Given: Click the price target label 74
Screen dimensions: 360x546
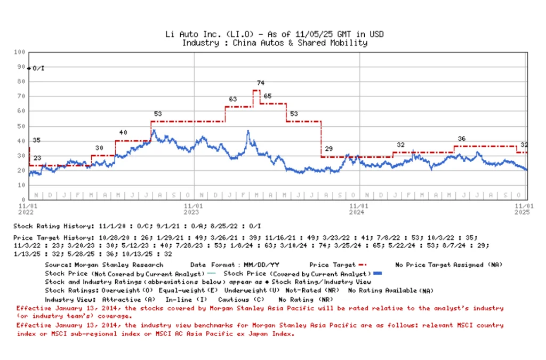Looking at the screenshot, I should pos(260,83).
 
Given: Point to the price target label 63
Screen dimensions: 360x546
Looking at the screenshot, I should pos(233,99).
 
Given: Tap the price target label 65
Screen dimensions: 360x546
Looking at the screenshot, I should pos(268,96).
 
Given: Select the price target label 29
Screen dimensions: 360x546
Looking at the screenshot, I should pos(328,149).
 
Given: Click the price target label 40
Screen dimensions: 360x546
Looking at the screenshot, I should pos(123,132).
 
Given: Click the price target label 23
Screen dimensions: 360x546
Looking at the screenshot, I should pos(37,158).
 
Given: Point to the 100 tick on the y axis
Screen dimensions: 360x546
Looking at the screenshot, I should pos(20,52).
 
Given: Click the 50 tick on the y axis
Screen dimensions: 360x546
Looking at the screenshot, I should pos(22,126).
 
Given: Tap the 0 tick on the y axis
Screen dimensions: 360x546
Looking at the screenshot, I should pos(23,199).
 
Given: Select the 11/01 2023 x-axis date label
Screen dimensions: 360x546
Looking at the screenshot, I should pos(194,209).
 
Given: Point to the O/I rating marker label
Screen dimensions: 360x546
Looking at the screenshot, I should pos(39,68).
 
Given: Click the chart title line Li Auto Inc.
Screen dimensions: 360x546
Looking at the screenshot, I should pos(275,35).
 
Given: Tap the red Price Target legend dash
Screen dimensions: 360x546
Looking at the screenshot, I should pos(363,265).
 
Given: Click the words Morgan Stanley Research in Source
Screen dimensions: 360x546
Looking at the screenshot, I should pos(119,265).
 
